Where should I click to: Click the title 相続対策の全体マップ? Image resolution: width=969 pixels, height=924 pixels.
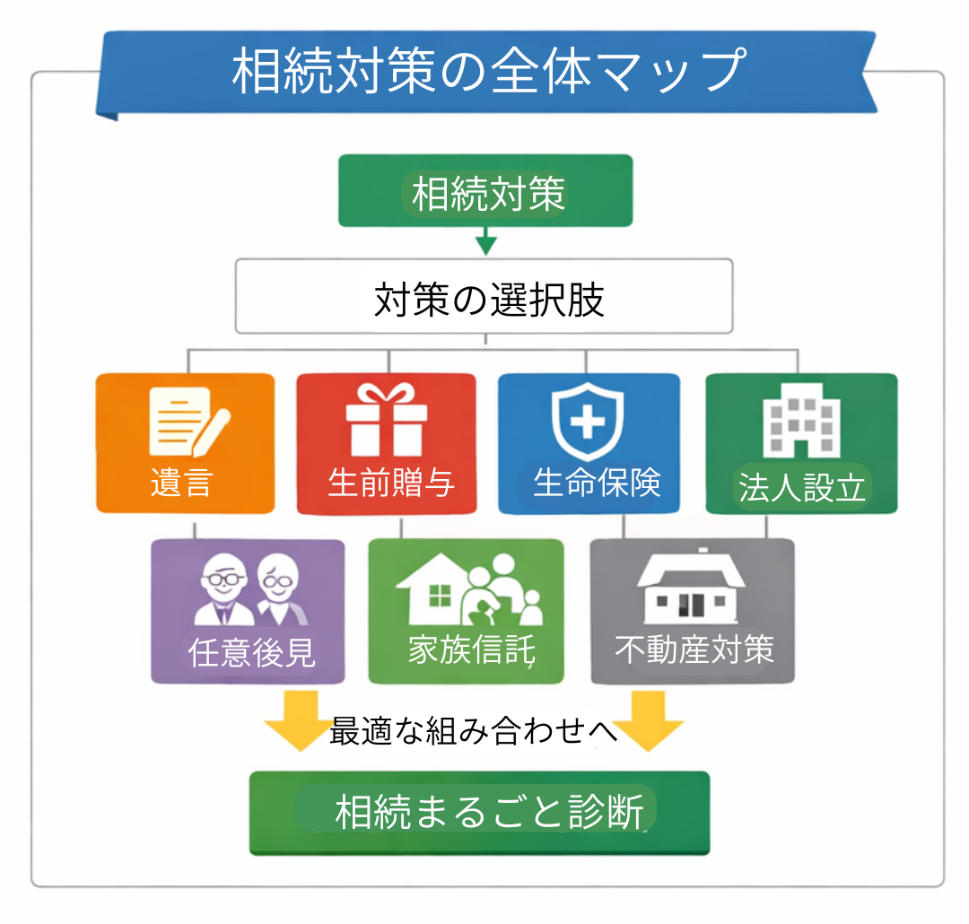[x=489, y=72]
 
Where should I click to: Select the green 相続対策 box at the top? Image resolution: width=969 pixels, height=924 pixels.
[x=485, y=191]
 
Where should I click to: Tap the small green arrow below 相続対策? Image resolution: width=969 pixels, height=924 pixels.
[x=485, y=240]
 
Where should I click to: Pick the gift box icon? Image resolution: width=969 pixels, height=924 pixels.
[x=387, y=420]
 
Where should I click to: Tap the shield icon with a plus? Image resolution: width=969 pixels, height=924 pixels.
[x=589, y=422]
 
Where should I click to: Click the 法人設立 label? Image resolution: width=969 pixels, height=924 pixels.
[x=802, y=488]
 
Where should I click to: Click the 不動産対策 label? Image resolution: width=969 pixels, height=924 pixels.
[x=694, y=649]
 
